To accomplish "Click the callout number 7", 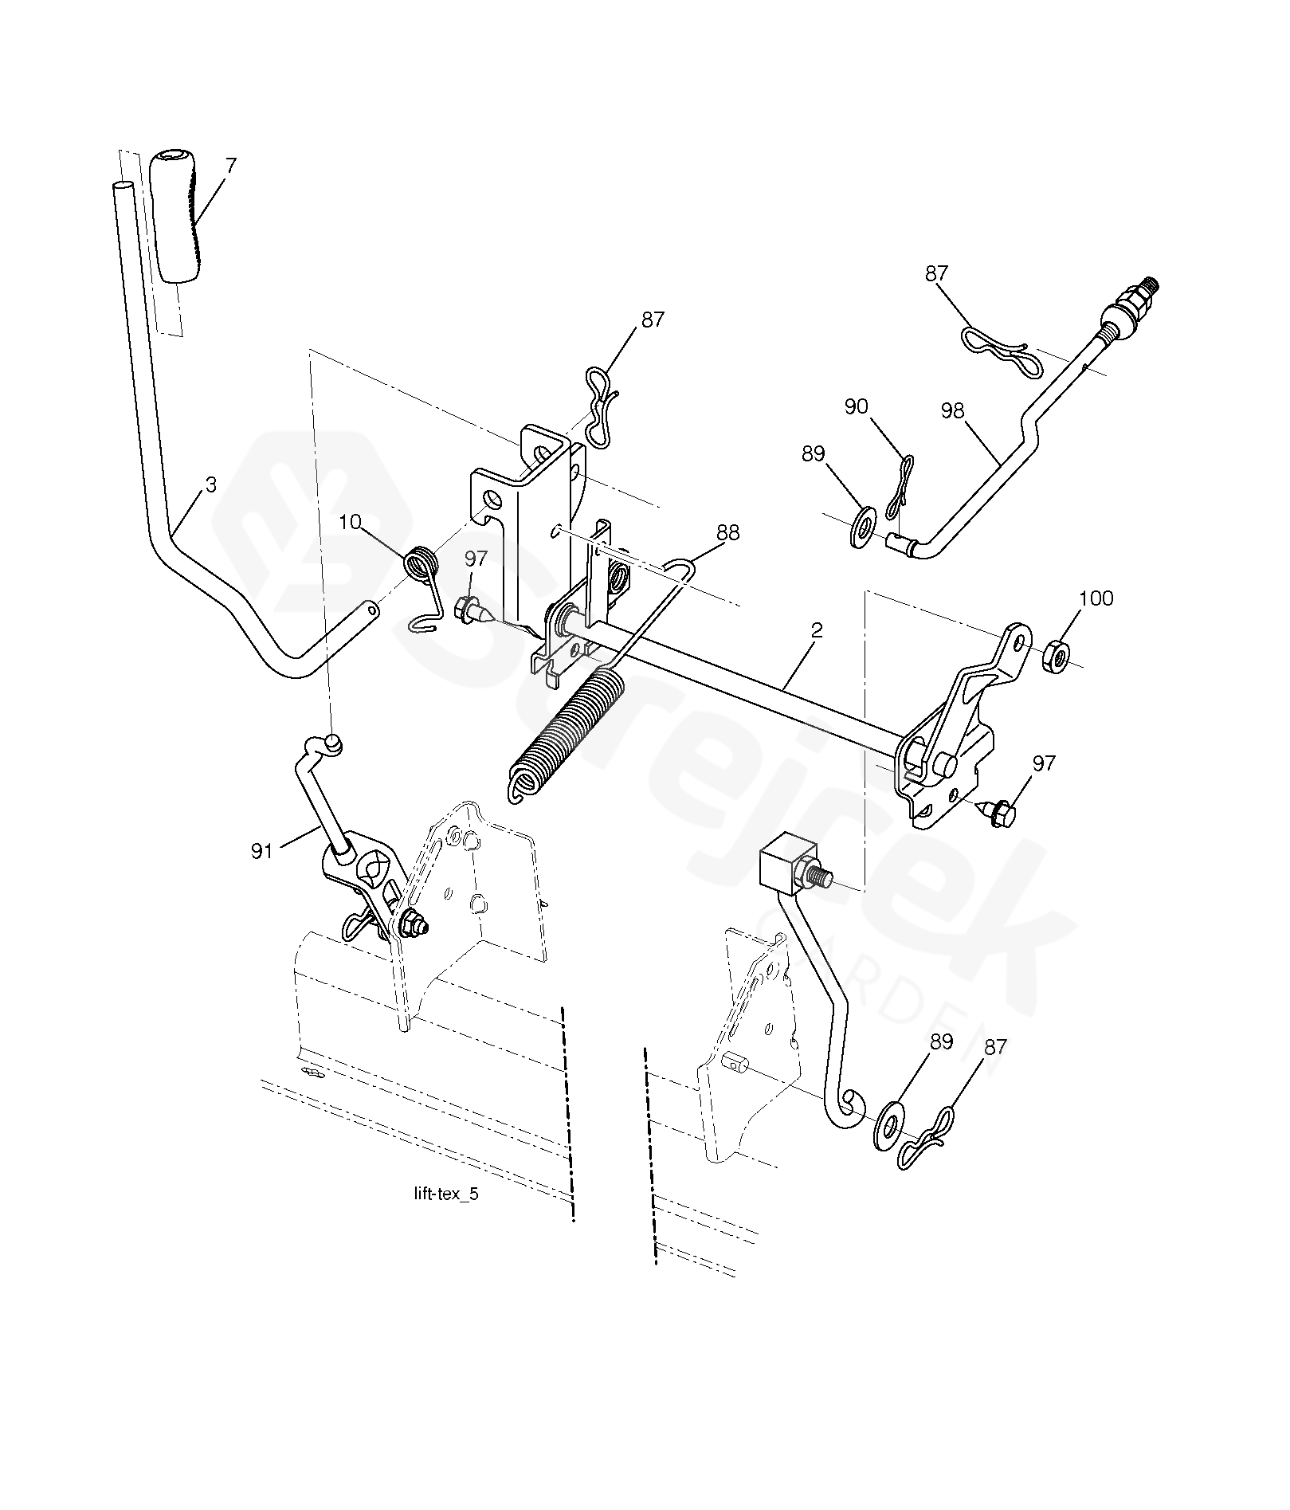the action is [x=231, y=166].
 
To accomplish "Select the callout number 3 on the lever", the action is [x=210, y=484].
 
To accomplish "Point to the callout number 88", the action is [x=728, y=532].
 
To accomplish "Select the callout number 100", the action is [x=1096, y=598].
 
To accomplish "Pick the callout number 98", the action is [x=952, y=410].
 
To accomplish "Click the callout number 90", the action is [x=856, y=406].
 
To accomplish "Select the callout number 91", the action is [x=262, y=852].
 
